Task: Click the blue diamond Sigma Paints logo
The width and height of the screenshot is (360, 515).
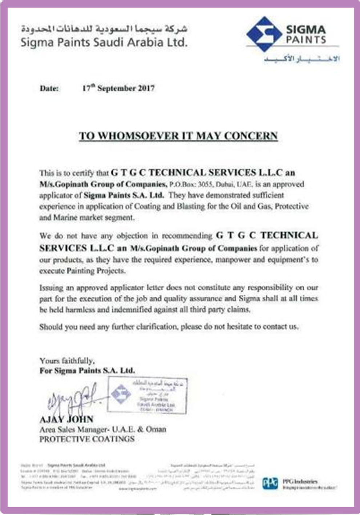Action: click(264, 34)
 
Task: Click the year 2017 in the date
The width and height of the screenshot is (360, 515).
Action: click(146, 88)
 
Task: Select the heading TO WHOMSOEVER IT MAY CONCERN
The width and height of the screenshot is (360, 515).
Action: click(178, 136)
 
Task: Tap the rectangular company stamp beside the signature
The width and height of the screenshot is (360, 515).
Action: click(147, 395)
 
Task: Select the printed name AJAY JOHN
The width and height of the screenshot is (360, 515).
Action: click(66, 419)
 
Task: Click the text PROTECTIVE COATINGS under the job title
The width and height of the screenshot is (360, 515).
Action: click(87, 439)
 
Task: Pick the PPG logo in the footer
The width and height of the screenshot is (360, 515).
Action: click(270, 483)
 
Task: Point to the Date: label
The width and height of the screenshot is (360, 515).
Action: click(49, 88)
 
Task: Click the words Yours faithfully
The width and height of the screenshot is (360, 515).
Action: click(67, 361)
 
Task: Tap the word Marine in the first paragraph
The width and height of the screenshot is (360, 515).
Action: click(65, 218)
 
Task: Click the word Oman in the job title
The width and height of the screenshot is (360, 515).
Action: click(156, 429)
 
